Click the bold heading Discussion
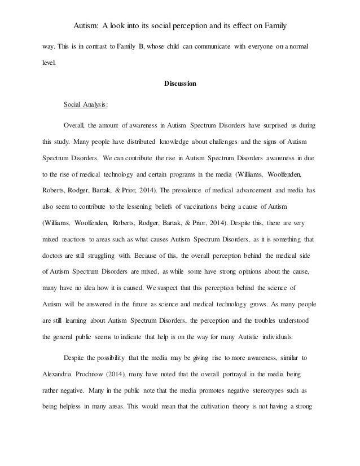179,84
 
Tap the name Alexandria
60,373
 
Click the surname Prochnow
100,373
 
